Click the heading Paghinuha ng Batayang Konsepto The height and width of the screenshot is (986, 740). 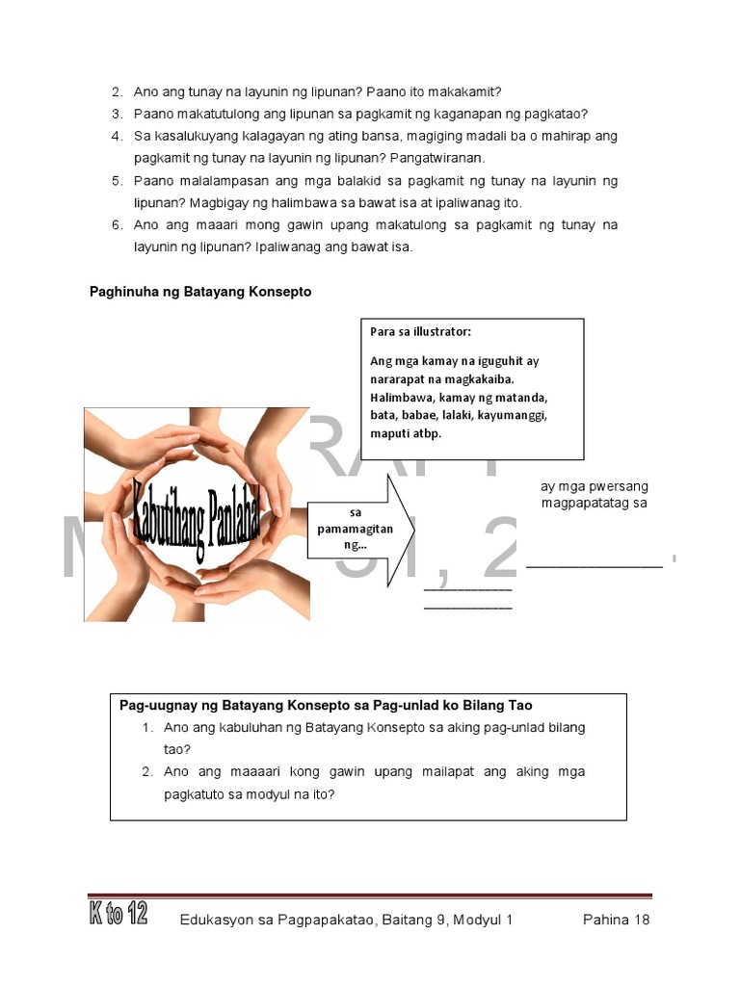point(200,292)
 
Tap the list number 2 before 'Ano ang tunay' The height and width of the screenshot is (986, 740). point(117,92)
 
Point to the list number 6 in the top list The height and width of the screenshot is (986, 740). point(117,225)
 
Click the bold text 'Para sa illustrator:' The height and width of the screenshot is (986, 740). point(421,332)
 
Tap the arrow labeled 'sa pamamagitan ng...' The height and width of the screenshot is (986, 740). point(357,529)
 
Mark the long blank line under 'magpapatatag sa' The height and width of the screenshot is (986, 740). point(595,566)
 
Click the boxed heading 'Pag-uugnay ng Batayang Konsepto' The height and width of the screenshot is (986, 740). point(326,705)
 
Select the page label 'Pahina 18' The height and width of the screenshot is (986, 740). point(617,920)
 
